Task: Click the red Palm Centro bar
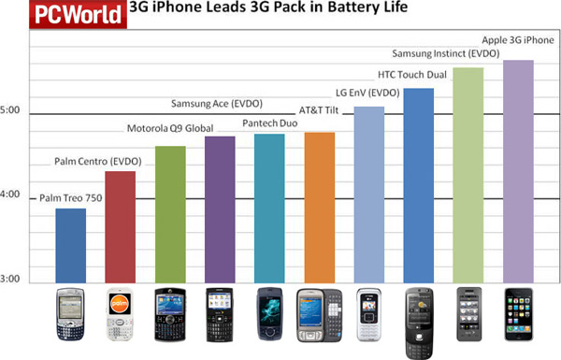tap(122, 226)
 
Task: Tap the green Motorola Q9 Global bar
tap(171, 214)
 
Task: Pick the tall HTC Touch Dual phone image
tap(418, 323)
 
